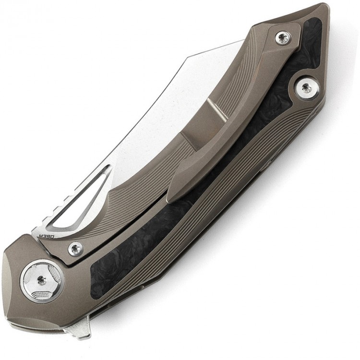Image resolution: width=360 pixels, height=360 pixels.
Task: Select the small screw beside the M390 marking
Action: coord(75,248)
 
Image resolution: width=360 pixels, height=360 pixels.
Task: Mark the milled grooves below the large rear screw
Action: coord(288,134)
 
